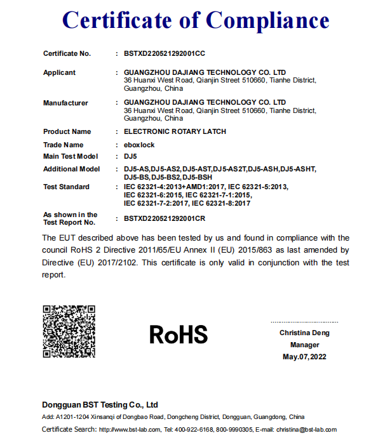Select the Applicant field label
tap(59, 72)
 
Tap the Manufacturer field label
tap(65, 103)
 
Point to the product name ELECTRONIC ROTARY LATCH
tap(175, 131)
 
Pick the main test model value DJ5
tap(130, 156)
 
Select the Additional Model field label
tap(71, 169)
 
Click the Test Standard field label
tap(66, 187)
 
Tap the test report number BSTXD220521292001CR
tap(165, 218)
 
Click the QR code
tap(69, 331)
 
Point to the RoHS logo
tap(179, 334)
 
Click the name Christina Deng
tap(304, 333)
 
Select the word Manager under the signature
tap(304, 345)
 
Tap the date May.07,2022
tap(304, 357)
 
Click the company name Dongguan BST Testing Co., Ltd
tap(100, 404)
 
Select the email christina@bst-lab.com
tap(306, 430)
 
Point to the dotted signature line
tap(304, 322)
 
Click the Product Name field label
tap(67, 131)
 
